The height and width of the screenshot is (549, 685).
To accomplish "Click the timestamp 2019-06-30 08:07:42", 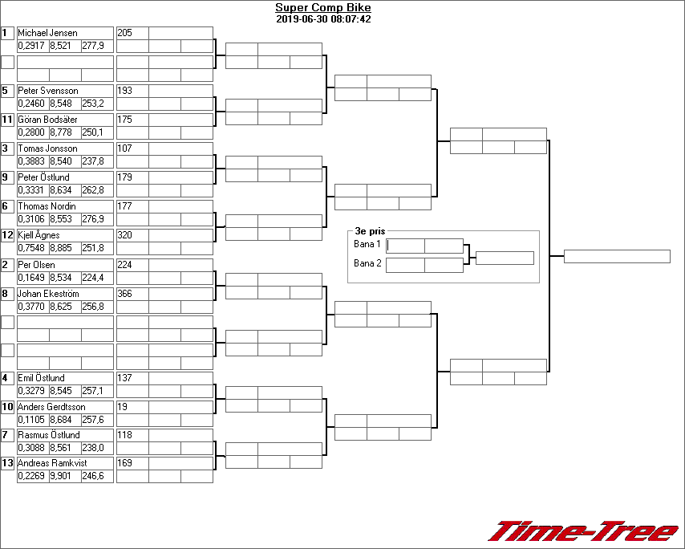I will tap(322, 19).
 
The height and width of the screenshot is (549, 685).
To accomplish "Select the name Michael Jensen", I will tap(48, 33).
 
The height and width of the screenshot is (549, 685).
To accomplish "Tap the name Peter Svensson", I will tap(48, 91).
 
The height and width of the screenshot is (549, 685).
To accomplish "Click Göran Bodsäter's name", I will tap(49, 120).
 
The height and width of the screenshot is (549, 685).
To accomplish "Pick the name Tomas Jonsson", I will tap(48, 148).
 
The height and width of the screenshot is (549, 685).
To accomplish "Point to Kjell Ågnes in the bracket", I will tap(39, 235).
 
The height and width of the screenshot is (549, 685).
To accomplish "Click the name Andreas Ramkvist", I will tap(52, 463).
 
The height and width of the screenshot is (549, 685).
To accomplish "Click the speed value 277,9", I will tap(93, 46).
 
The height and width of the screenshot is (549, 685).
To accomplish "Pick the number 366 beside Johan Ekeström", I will tap(125, 294).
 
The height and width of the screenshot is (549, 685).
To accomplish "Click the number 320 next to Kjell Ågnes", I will tap(125, 235).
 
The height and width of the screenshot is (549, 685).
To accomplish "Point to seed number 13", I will tap(8, 463).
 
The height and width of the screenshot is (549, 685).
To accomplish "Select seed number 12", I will tap(8, 235).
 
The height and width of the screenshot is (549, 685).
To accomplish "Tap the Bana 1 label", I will tap(367, 244).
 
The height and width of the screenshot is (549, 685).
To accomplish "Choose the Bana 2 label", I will tap(367, 263).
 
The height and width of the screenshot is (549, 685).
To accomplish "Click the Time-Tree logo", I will tap(584, 531).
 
